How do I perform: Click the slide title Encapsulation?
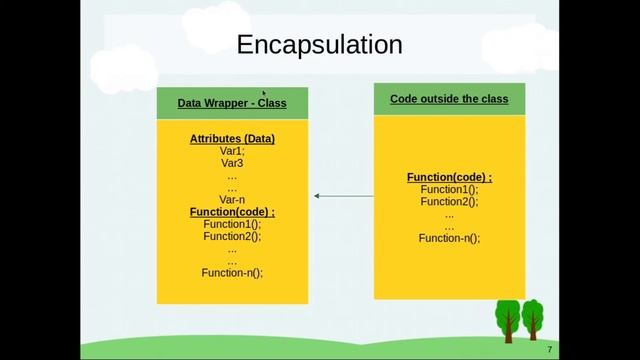click(319, 45)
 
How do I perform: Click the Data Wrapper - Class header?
click(232, 103)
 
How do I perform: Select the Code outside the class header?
click(449, 99)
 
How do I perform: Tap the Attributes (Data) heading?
click(232, 139)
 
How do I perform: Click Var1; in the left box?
click(232, 151)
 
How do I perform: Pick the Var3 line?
click(232, 163)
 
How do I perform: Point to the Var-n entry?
click(232, 199)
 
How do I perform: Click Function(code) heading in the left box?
click(232, 212)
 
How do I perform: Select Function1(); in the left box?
click(232, 224)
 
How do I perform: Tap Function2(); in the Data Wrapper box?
click(232, 236)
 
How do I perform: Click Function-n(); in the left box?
click(232, 272)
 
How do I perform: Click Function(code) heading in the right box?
click(449, 177)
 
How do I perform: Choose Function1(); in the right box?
click(449, 189)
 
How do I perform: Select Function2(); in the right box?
click(449, 201)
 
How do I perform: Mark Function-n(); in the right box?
click(449, 238)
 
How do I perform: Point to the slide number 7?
click(549, 349)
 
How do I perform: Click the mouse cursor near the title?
click(264, 93)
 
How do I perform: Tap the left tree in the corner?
click(508, 319)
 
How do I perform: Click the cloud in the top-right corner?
click(520, 45)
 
